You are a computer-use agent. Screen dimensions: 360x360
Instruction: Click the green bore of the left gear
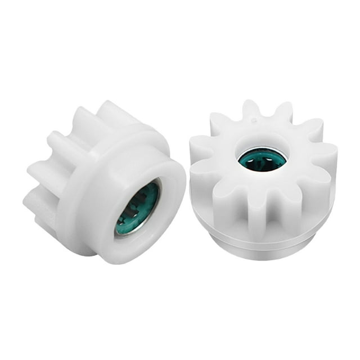[137, 209]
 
